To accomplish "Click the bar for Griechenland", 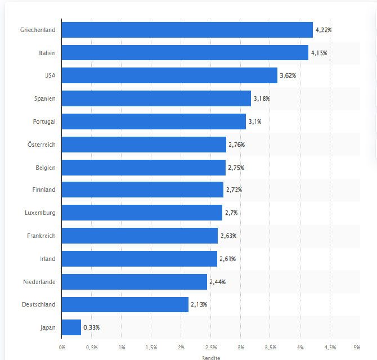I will coord(187,30).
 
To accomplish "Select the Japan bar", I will coord(71,327).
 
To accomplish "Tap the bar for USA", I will coord(169,75).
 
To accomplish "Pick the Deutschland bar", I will coord(125,304).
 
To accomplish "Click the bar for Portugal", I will coord(154,121).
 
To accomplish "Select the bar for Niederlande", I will coord(134,282).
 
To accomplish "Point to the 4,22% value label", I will coord(324,30).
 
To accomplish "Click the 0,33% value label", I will coord(92,327).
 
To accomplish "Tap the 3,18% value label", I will coord(261,98).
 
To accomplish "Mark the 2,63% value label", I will coord(228,236).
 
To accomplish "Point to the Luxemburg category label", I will coord(41,213).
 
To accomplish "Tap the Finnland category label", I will coord(44,190).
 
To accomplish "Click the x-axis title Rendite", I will coord(210,357).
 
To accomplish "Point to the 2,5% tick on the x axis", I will coord(210,347).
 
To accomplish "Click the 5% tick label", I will coord(357,347).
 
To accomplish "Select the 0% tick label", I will coord(62,347).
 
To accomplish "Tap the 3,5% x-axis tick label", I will coord(270,347).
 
